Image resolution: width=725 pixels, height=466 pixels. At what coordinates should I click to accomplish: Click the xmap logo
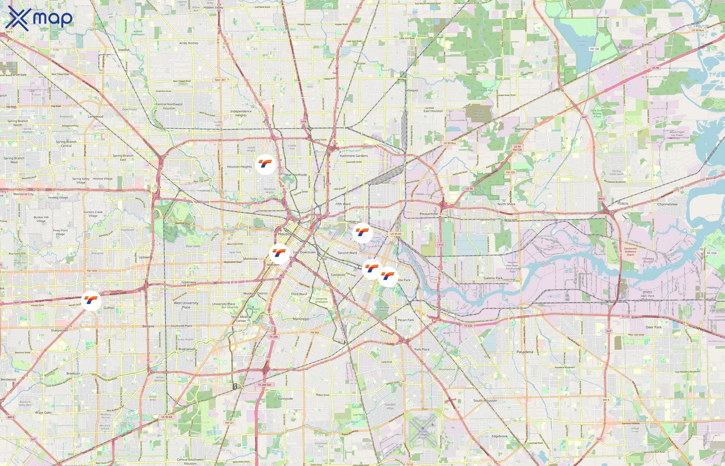click(39, 18)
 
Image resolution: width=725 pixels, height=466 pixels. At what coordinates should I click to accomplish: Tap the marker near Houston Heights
click(265, 165)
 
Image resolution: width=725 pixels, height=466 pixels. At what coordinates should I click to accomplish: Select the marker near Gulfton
click(91, 301)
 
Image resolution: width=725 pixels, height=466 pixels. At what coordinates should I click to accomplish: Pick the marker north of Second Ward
click(362, 233)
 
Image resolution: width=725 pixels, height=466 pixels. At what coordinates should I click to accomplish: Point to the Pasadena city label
click(525, 352)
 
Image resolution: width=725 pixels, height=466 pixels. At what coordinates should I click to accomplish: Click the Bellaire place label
click(148, 326)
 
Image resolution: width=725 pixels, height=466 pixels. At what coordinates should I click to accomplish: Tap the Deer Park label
click(654, 327)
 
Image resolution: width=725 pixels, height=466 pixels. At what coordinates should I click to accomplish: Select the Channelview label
click(667, 204)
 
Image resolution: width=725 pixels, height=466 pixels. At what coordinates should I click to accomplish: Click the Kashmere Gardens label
click(354, 156)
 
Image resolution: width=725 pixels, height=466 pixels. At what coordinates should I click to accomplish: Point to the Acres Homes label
click(189, 43)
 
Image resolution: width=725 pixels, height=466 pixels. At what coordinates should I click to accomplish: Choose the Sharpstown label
click(59, 330)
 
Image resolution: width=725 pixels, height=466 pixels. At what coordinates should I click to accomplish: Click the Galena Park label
click(493, 278)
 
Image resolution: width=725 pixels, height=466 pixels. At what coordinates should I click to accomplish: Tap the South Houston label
click(485, 401)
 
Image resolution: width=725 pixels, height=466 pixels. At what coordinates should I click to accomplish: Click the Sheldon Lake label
click(582, 43)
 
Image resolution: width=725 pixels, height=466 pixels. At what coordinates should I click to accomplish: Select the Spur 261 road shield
click(220, 80)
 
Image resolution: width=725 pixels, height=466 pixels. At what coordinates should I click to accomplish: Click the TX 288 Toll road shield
click(264, 385)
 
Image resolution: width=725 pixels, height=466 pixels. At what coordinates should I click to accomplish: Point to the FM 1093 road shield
click(92, 271)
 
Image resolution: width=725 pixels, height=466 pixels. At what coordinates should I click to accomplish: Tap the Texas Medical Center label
click(241, 319)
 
